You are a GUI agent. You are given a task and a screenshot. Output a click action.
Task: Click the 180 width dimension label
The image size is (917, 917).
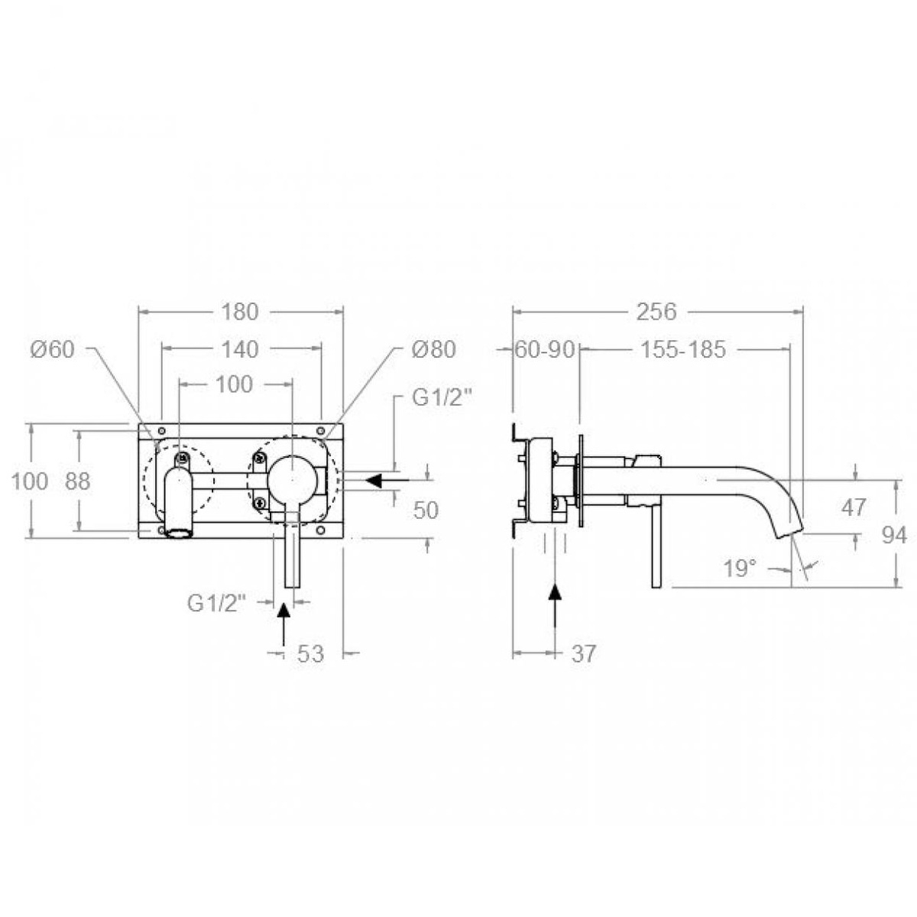pyautogui.click(x=241, y=312)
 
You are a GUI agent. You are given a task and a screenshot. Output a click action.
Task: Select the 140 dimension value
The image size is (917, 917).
pyautogui.click(x=241, y=349)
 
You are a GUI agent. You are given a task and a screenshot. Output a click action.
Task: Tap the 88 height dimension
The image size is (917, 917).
pyautogui.click(x=77, y=481)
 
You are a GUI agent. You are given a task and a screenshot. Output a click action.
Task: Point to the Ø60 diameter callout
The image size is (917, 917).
pyautogui.click(x=52, y=349)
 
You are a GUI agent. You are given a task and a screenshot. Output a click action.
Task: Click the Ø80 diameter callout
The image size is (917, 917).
pyautogui.click(x=433, y=349)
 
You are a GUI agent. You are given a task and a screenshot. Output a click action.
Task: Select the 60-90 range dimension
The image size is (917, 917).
pyautogui.click(x=544, y=350)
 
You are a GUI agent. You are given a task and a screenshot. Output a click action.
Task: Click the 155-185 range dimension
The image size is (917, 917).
pyautogui.click(x=683, y=350)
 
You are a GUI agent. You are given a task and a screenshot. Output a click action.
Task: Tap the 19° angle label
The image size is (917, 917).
pyautogui.click(x=740, y=568)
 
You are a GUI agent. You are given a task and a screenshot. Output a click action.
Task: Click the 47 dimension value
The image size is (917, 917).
pyautogui.click(x=854, y=506)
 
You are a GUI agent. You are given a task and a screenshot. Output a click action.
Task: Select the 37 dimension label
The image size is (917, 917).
pyautogui.click(x=583, y=653)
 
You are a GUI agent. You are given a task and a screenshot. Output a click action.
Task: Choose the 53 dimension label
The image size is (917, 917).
pyautogui.click(x=311, y=653)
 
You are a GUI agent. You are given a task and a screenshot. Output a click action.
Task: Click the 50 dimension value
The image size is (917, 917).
pyautogui.click(x=426, y=510)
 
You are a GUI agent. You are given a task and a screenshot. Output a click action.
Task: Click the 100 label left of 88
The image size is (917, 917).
pyautogui.click(x=31, y=481)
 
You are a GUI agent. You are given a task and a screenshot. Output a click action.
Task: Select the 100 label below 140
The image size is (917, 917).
pyautogui.click(x=235, y=384)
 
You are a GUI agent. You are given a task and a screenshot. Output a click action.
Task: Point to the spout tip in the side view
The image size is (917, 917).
pyautogui.click(x=787, y=533)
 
